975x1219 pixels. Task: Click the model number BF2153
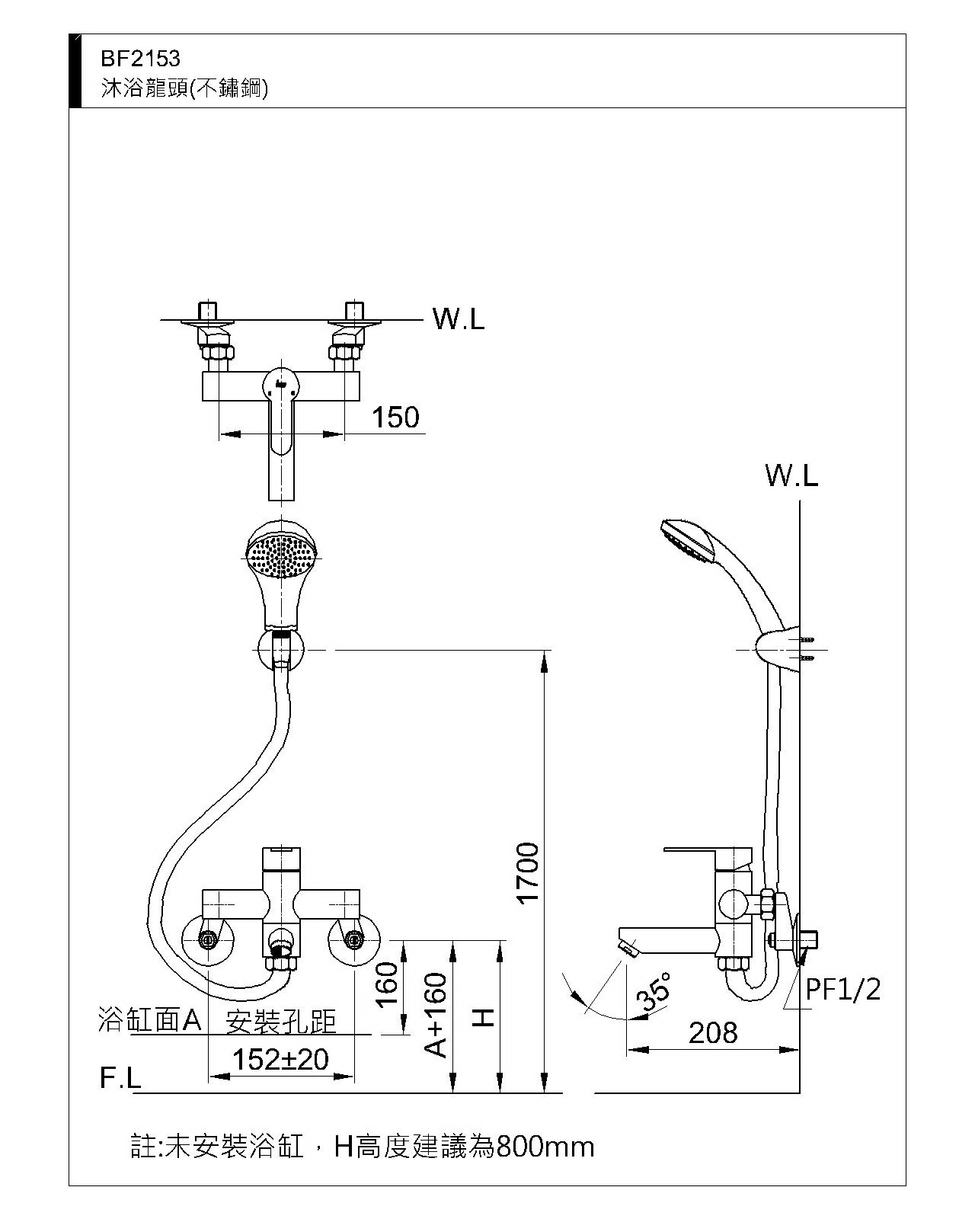(x=140, y=59)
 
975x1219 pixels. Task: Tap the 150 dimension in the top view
(x=395, y=418)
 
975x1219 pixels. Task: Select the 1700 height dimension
(x=527, y=873)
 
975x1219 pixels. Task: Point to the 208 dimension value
(x=714, y=1033)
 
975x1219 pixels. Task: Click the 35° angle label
(x=657, y=990)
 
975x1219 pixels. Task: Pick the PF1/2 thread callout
(x=843, y=990)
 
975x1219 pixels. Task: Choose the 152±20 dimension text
(x=280, y=1059)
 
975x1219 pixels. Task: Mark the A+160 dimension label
(x=436, y=1015)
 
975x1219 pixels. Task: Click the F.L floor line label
(x=120, y=1078)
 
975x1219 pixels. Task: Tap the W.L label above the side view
(x=791, y=476)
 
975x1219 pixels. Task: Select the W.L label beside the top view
(x=459, y=319)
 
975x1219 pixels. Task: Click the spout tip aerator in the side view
(x=628, y=948)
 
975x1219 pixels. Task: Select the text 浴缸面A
(x=149, y=1019)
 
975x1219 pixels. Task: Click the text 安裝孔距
(x=281, y=1021)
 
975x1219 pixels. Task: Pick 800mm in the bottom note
(x=545, y=1147)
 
